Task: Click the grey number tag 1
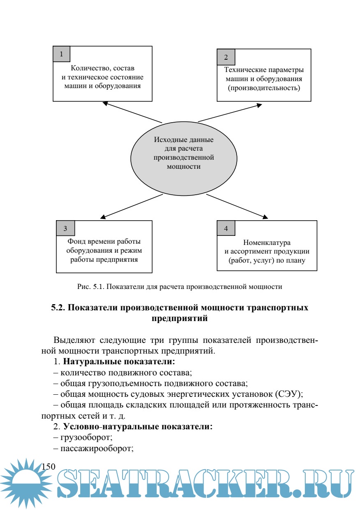tap(62, 54)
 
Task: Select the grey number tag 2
tap(225, 57)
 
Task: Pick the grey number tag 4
tap(225, 228)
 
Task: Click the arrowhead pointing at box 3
tap(102, 217)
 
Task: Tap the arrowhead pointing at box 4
tap(266, 217)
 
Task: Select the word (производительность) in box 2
tap(264, 88)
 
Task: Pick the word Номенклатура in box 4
tap(267, 242)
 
